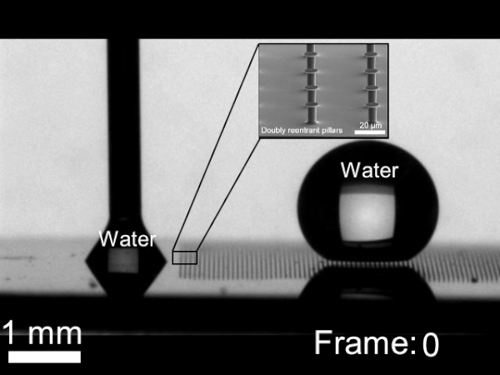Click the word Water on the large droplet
[369, 171]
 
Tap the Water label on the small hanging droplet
[127, 240]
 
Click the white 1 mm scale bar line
[44, 357]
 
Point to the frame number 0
[430, 343]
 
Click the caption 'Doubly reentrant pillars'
[293, 130]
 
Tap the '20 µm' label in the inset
[371, 123]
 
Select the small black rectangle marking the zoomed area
[184, 257]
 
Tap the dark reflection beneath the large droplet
[367, 287]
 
